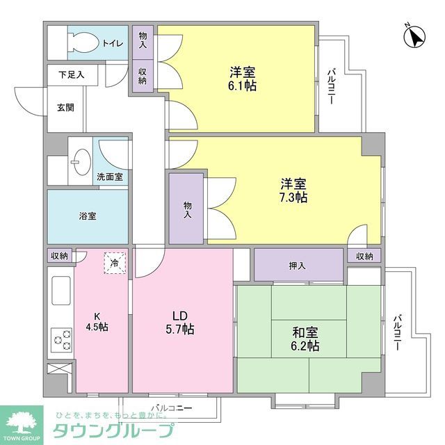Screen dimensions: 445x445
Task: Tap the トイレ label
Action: click(x=113, y=44)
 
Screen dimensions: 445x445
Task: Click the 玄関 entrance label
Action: click(x=65, y=108)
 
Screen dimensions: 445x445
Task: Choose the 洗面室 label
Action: click(x=110, y=177)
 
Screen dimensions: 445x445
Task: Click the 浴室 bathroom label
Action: click(x=88, y=216)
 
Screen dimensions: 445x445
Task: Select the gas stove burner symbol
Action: click(x=60, y=340)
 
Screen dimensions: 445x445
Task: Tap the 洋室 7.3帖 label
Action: click(x=293, y=191)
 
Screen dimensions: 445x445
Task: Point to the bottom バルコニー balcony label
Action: click(x=170, y=409)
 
